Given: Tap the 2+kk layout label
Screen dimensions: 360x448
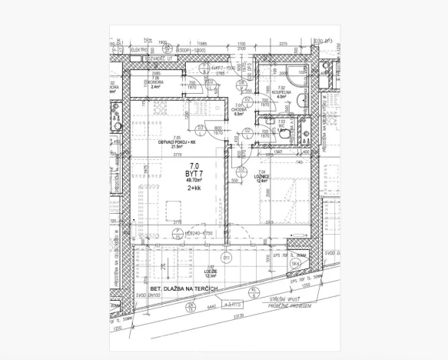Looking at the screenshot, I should point(194,188).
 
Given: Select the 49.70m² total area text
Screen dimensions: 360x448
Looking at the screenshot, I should point(193,180).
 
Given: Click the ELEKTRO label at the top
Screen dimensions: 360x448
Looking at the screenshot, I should point(140,49).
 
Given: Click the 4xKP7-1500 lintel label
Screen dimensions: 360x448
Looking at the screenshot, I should point(222,67).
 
